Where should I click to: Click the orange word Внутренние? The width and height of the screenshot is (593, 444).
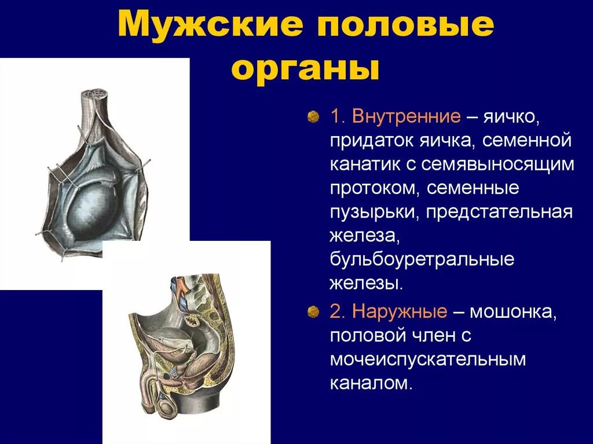click(406, 116)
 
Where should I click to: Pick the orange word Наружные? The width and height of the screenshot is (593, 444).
click(400, 311)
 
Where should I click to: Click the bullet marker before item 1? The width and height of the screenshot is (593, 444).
click(313, 117)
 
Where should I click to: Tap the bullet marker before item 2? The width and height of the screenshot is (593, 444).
click(313, 312)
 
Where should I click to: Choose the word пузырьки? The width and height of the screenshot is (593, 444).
click(375, 213)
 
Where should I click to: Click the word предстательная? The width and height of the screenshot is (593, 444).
click(499, 212)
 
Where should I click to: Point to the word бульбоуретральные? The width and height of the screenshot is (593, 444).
click(422, 260)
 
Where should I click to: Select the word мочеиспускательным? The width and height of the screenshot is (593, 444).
click(428, 359)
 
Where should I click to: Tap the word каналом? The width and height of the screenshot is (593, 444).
click(371, 383)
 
